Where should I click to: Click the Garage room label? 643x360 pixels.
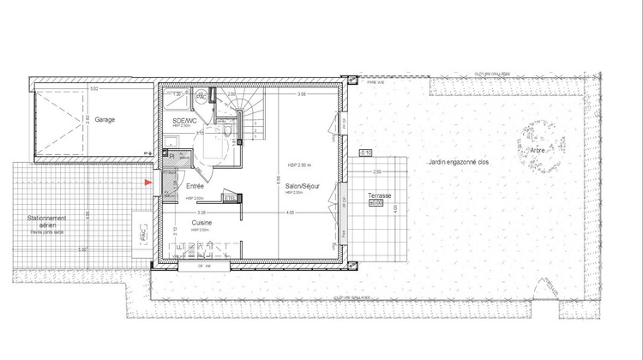[105, 119]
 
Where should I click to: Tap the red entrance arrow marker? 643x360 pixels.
[147, 183]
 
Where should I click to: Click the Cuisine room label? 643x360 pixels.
[202, 222]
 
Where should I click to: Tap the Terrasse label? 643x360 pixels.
[379, 196]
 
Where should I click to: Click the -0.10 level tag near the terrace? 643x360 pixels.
[365, 152]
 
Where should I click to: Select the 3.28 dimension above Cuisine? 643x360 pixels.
[201, 211]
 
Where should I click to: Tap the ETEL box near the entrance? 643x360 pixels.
[229, 198]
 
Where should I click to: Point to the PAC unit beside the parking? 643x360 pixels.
[138, 233]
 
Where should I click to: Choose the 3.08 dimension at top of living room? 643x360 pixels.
[302, 94]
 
